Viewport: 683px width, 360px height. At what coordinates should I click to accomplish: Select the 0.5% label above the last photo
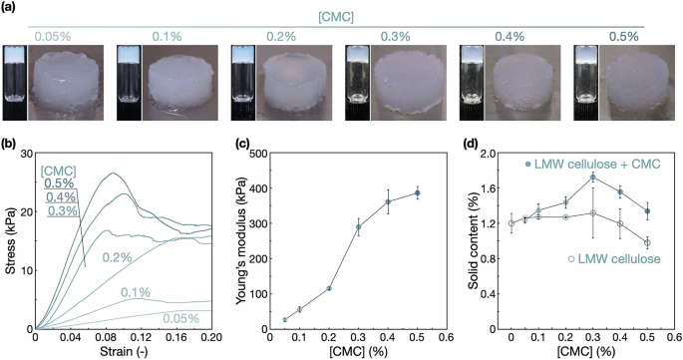click(x=624, y=37)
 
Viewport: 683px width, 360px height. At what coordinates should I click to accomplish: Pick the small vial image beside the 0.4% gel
click(x=469, y=77)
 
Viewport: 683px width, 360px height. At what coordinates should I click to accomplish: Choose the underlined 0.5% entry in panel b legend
click(x=62, y=183)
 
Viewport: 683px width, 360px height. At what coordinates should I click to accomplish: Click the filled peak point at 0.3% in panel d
click(x=593, y=178)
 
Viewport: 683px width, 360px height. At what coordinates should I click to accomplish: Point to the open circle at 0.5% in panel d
click(x=647, y=242)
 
